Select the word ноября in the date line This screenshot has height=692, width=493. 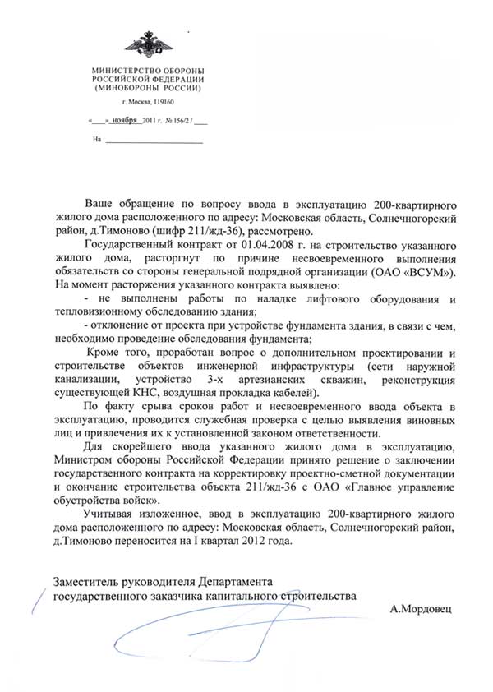[126, 121]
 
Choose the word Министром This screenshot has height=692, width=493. [81, 461]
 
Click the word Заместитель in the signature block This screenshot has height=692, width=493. [86, 582]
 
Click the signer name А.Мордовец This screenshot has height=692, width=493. [422, 611]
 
